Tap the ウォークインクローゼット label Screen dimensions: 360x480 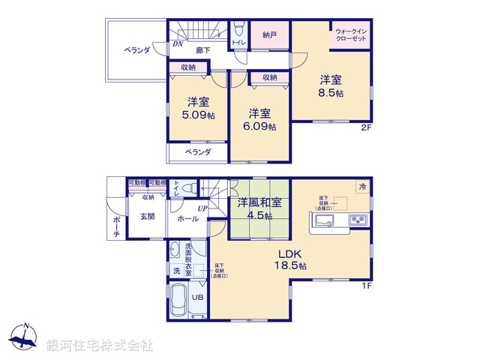pos(351,33)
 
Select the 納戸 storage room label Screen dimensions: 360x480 pos(271,34)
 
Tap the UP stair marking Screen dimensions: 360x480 pos(202,208)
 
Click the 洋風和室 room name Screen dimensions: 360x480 pos(260,202)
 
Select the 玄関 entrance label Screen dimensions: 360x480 pos(147,217)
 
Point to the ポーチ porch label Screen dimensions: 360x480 pos(116,225)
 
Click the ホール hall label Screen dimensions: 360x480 pos(188,219)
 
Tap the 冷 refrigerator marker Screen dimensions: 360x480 pos(362,185)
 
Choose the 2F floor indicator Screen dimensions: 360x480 pos(366,127)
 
